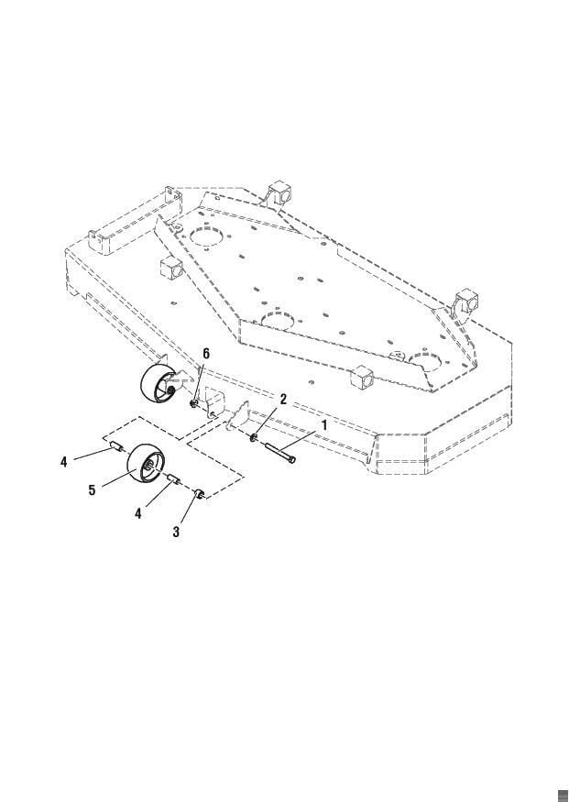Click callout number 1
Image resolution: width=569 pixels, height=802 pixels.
click(x=323, y=424)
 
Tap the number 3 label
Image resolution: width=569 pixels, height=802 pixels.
click(x=176, y=532)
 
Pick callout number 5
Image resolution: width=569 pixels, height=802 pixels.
click(x=92, y=490)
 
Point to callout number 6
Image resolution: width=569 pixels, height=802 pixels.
click(x=206, y=354)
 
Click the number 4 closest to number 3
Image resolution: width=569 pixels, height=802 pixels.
click(x=138, y=513)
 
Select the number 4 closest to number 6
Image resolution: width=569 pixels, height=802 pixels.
click(x=63, y=462)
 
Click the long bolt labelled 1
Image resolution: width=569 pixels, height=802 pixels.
click(x=280, y=453)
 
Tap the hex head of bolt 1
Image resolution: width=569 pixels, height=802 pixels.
click(x=291, y=459)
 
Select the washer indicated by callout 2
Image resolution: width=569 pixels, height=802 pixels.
click(x=254, y=438)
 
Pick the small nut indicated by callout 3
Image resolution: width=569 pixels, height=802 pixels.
click(x=198, y=493)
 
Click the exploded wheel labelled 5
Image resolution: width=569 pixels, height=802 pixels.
click(x=144, y=463)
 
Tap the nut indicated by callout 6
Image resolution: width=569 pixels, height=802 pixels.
click(x=193, y=404)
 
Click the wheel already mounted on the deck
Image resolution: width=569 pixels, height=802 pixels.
click(x=158, y=383)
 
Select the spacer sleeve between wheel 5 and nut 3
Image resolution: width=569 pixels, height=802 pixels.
click(x=172, y=478)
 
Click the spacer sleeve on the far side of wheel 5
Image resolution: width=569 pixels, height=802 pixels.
click(x=115, y=447)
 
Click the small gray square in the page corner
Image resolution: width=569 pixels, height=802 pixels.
click(x=563, y=795)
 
